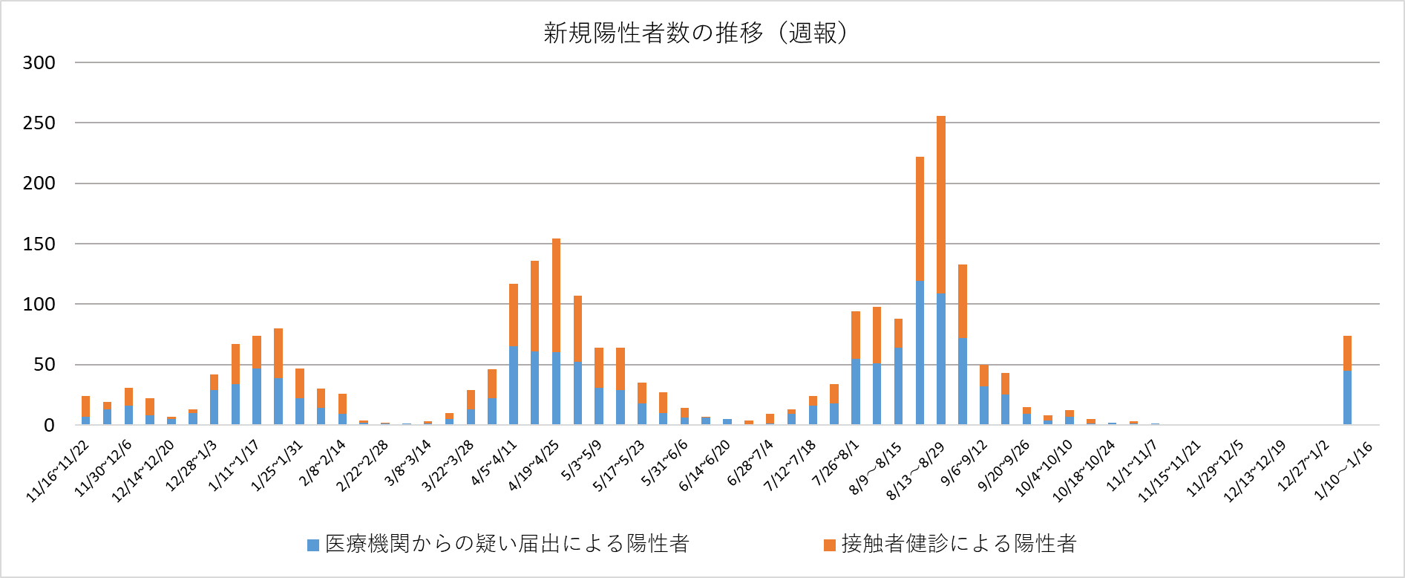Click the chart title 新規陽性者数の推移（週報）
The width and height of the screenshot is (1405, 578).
[x=695, y=33]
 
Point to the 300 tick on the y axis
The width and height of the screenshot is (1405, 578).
[x=39, y=63]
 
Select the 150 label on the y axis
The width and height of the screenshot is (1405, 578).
[x=39, y=244]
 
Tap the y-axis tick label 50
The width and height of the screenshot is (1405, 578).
[x=44, y=365]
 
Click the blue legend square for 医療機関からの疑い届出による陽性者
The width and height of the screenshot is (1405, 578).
[x=313, y=545]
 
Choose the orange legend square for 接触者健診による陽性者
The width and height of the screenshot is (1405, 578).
[x=830, y=545]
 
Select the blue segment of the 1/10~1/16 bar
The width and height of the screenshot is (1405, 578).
[x=1347, y=397]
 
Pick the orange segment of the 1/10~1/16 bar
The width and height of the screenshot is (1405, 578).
[x=1347, y=354]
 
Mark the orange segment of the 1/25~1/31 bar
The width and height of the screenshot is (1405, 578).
[x=278, y=353]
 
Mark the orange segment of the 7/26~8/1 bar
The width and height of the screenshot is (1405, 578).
[x=856, y=335]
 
